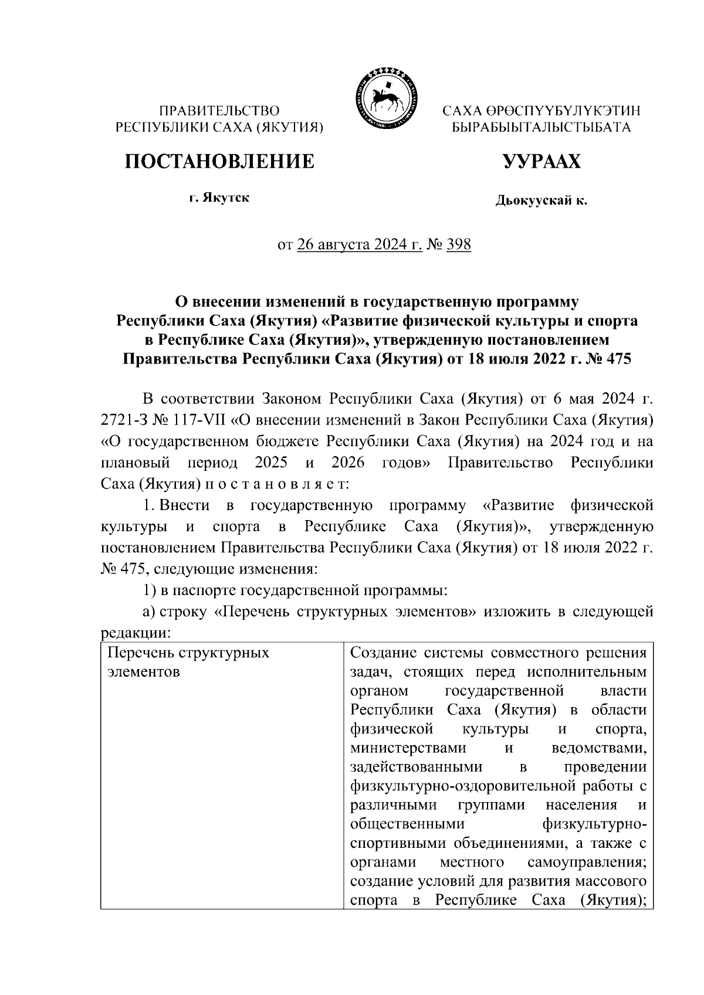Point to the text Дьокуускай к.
coord(541,201)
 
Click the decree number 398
coord(459,244)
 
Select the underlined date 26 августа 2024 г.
coord(360,244)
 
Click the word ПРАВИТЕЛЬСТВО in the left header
coord(220,110)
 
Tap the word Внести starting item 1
coord(181,505)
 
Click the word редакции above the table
coord(136,634)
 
